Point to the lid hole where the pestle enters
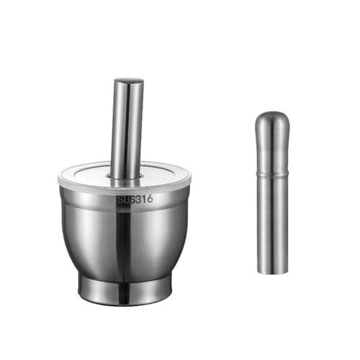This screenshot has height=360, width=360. [125, 176]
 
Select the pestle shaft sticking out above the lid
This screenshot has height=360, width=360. [127, 130]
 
